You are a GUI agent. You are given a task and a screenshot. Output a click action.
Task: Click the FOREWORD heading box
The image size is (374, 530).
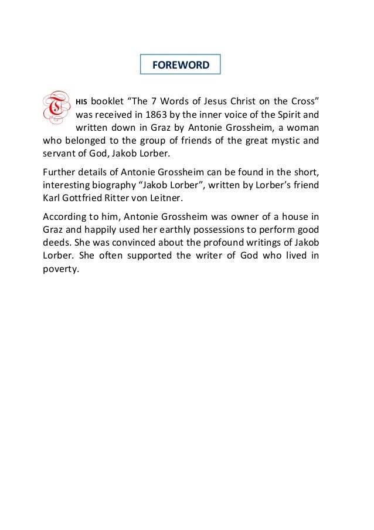(180, 65)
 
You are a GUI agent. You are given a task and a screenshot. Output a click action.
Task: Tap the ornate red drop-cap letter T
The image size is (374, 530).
(56, 107)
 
